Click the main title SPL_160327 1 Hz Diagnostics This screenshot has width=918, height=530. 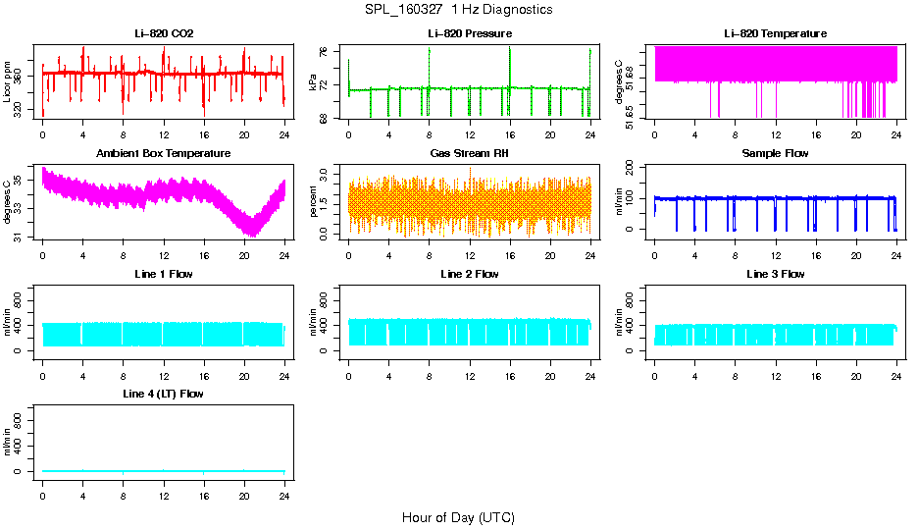(x=458, y=10)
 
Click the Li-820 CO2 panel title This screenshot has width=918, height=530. (x=164, y=34)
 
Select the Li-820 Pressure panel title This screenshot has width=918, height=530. (x=469, y=34)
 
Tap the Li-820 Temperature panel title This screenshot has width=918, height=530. (x=775, y=34)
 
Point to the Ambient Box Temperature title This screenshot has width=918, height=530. (x=164, y=154)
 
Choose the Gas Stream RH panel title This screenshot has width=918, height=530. (x=469, y=154)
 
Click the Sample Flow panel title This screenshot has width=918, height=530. (x=775, y=154)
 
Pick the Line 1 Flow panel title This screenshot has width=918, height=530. (x=164, y=274)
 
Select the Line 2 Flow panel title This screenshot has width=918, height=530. (x=469, y=274)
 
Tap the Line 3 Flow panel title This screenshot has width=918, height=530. (x=775, y=274)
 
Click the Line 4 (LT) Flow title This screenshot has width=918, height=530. (x=164, y=394)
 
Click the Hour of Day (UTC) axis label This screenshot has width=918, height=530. (x=458, y=517)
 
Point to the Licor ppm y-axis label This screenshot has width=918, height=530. (x=8, y=81)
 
